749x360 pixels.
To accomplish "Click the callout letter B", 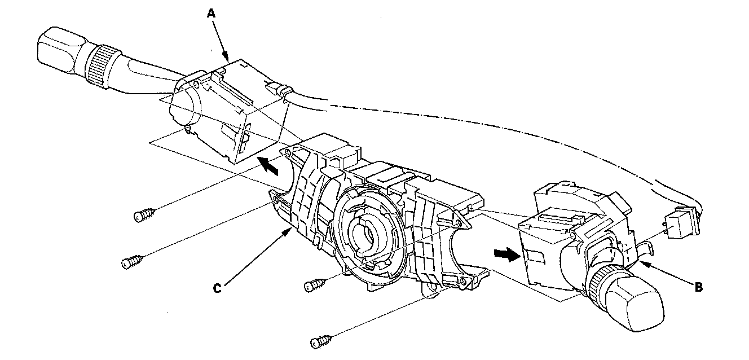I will click(x=698, y=287).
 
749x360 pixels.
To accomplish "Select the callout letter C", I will click(x=217, y=288).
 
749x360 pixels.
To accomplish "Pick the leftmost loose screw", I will click(x=133, y=261).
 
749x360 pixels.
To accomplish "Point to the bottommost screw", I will click(x=322, y=341).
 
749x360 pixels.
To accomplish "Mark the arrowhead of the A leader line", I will click(x=227, y=60).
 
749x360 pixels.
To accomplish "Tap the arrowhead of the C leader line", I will click(x=290, y=230).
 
